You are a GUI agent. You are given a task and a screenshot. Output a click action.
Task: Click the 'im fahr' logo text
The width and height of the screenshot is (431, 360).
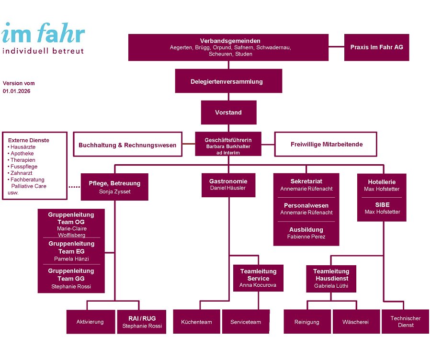pos(43,34)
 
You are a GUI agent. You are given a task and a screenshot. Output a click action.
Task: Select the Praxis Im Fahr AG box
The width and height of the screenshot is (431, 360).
pos(376,47)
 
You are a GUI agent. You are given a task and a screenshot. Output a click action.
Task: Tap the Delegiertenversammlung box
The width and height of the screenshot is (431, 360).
pos(228,81)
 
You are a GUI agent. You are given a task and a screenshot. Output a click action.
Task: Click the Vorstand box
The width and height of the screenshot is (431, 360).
pos(228,112)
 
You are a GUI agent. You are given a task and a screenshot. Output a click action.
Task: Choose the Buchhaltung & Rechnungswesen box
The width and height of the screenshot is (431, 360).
pos(127,145)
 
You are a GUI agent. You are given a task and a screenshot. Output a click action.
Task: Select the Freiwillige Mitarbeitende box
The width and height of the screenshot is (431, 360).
pos(327,144)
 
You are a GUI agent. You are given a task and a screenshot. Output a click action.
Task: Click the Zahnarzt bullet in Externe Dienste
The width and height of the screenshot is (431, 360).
pos(23,173)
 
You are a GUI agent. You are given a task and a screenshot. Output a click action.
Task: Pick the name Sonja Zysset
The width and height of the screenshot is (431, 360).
pos(114,191)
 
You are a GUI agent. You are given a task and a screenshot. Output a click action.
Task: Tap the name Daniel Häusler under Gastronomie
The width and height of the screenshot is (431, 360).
pos(228,188)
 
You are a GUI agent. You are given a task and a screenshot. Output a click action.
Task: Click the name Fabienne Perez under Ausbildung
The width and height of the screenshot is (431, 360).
pos(306,236)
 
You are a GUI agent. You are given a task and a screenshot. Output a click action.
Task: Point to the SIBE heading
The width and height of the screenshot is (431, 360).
pos(382,204)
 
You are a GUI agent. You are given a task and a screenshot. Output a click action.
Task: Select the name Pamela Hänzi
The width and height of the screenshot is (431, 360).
pos(71,259)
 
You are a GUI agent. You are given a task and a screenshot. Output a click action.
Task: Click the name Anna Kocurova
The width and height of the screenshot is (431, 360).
pos(258,285)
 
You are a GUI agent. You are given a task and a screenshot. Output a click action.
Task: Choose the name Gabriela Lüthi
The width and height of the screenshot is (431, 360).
pos(331,286)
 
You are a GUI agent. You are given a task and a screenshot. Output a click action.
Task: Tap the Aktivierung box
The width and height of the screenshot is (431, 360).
pos(90,322)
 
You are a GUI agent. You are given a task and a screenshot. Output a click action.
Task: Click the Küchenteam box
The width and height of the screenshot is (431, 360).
pos(196,322)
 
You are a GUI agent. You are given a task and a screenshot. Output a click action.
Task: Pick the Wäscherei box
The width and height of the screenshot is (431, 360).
pos(355,322)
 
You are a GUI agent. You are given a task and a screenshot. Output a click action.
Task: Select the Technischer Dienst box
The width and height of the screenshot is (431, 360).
pos(405,322)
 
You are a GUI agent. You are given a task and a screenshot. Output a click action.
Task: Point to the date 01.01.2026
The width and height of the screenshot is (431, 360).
pos(16,90)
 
